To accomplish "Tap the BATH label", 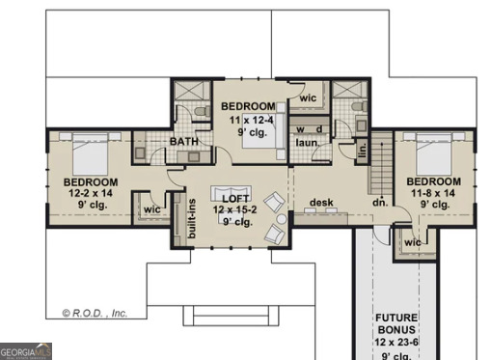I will pyautogui.click(x=183, y=142).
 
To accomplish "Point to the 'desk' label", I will pyautogui.click(x=320, y=203).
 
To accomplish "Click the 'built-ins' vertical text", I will pyautogui.click(x=192, y=218).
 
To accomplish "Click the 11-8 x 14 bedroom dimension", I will pyautogui.click(x=432, y=193).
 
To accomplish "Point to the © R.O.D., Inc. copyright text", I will pyautogui.click(x=95, y=313).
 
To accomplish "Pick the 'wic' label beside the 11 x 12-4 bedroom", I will pyautogui.click(x=308, y=98).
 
